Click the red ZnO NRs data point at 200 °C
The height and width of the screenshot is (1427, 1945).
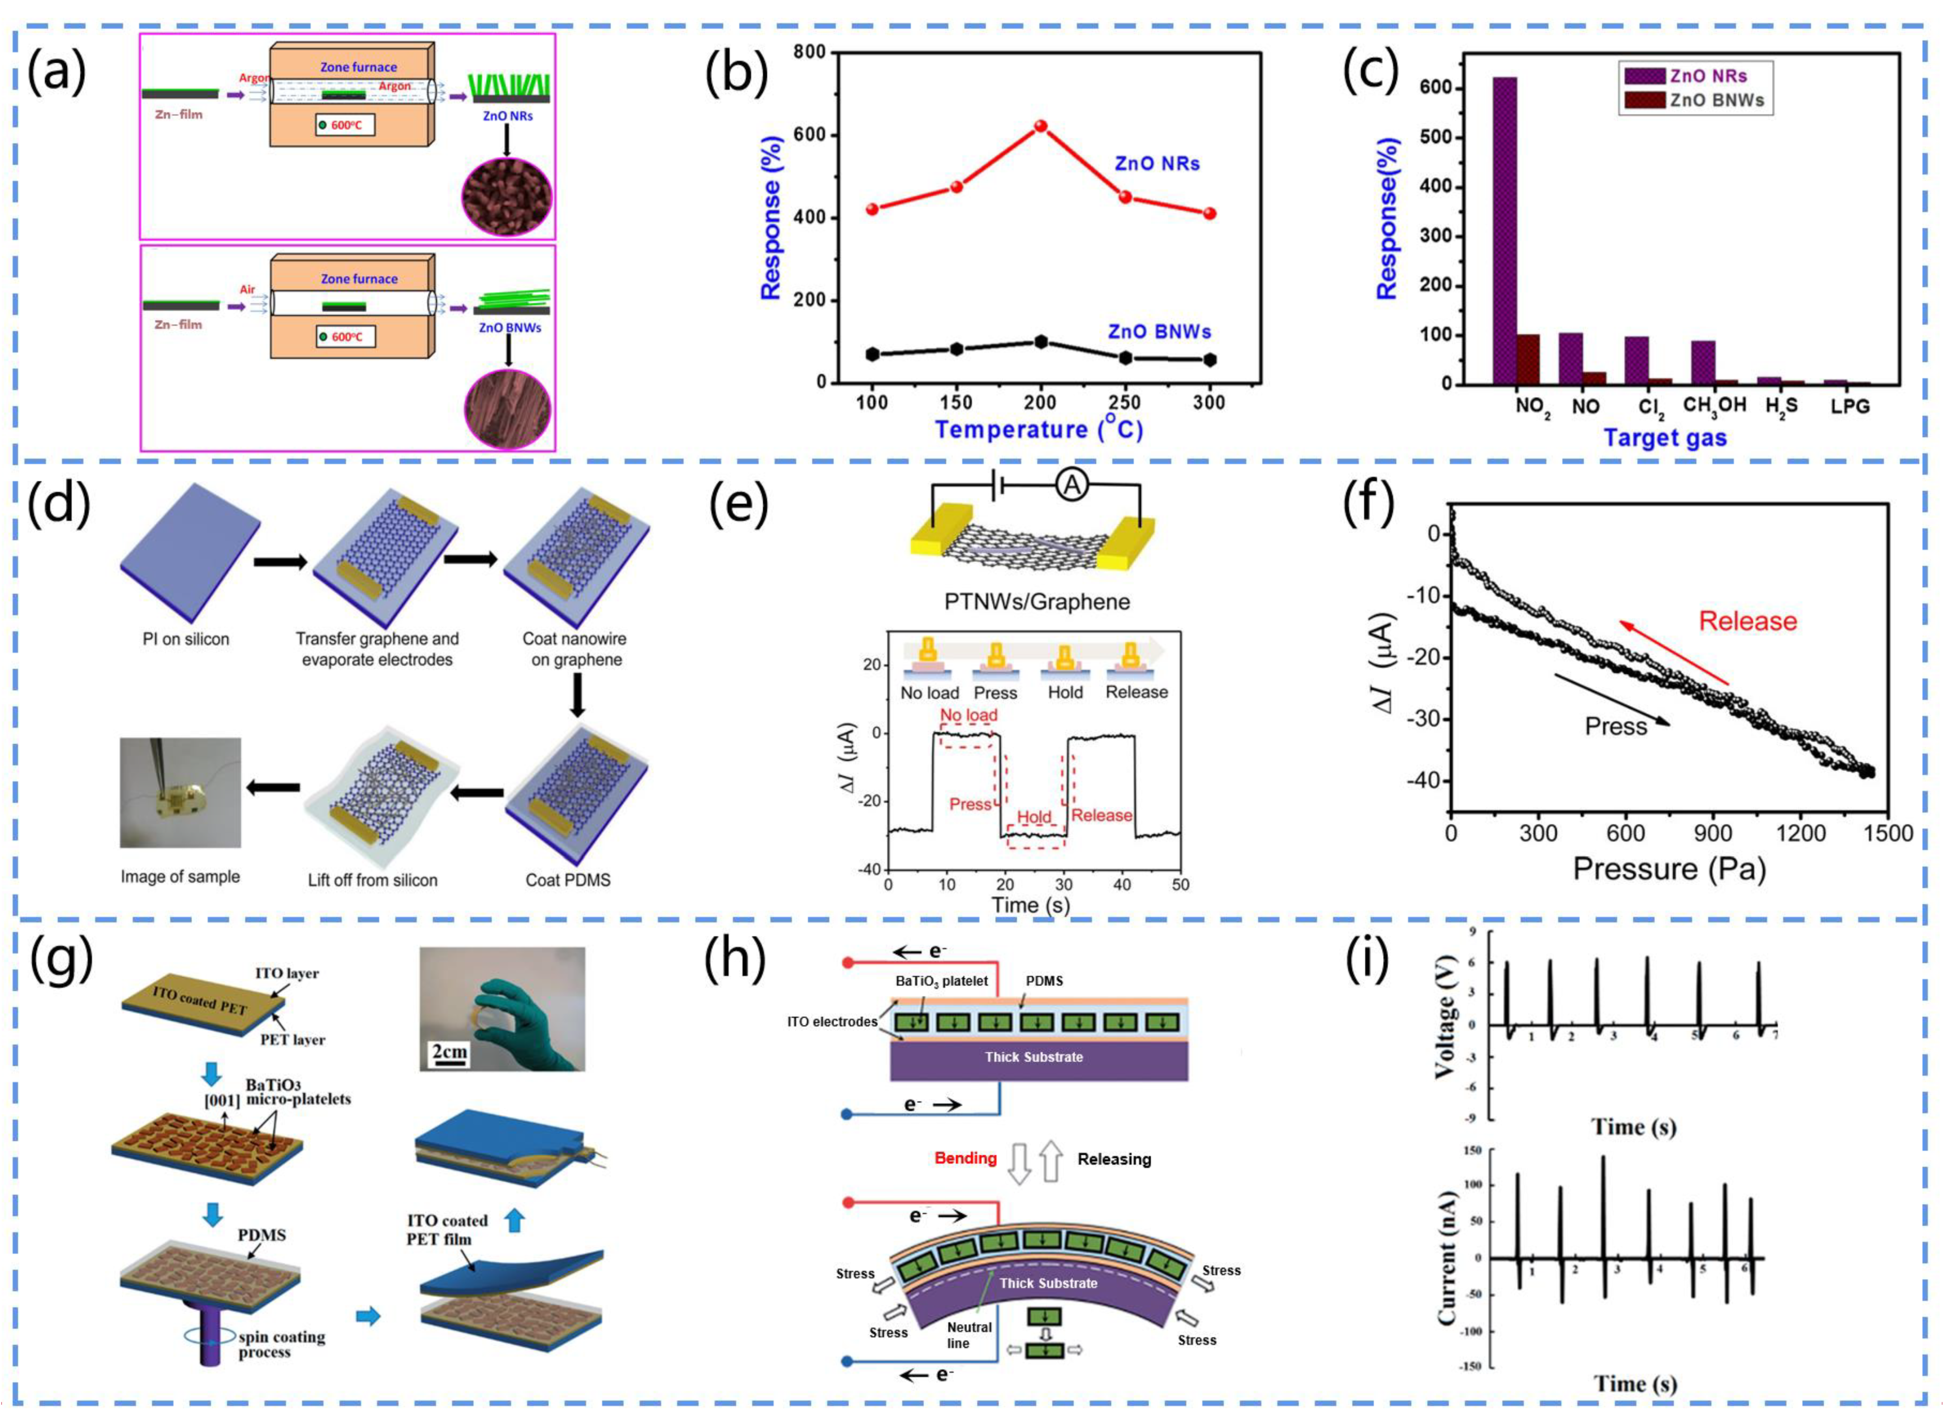pyautogui.click(x=1041, y=126)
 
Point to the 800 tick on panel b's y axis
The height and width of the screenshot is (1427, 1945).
pyautogui.click(x=809, y=52)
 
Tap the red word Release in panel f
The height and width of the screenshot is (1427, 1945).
pyautogui.click(x=1747, y=621)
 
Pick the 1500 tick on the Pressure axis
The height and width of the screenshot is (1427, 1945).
pyautogui.click(x=1888, y=833)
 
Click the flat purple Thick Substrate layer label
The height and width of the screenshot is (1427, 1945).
pyautogui.click(x=1034, y=1057)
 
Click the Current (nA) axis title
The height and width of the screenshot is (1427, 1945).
pyautogui.click(x=1447, y=1258)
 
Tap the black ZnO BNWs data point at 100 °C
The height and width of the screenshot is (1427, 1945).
pyautogui.click(x=872, y=354)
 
